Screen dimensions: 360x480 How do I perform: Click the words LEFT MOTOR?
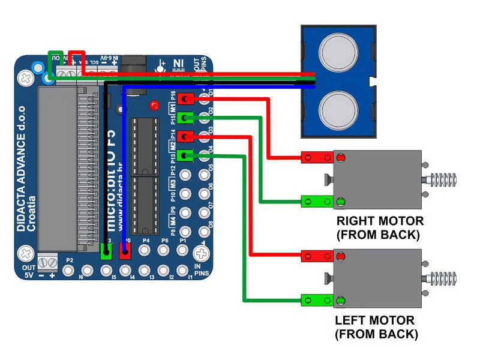pyautogui.click(x=376, y=321)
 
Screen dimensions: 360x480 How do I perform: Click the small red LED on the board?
pyautogui.click(x=155, y=106)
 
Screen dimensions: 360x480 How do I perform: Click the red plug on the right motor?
pyautogui.click(x=317, y=158)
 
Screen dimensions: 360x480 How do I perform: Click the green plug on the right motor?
pyautogui.click(x=317, y=201)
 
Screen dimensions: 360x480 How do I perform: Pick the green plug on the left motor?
pyautogui.click(x=317, y=299)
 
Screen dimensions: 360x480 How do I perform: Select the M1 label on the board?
pyautogui.click(x=173, y=109)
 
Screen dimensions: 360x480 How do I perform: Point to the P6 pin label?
pyautogui.click(x=164, y=241)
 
